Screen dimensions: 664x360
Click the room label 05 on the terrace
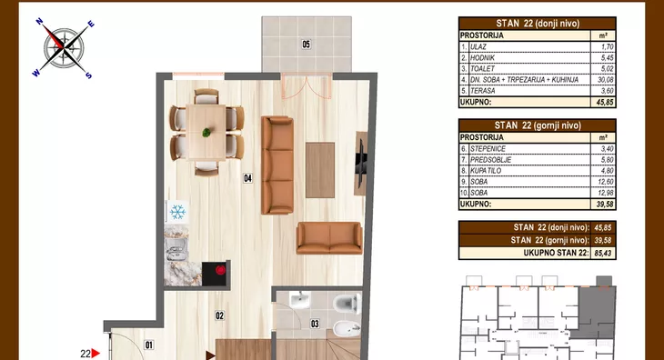click(306, 44)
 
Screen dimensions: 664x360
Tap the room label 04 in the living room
click(247, 178)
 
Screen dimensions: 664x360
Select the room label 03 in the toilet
click(315, 324)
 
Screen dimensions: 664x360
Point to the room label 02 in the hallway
click(219, 315)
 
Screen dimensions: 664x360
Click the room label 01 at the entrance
click(148, 345)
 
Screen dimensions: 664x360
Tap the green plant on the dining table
click(206, 133)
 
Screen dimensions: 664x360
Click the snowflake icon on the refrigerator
click(177, 212)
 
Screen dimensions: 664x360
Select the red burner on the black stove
click(220, 269)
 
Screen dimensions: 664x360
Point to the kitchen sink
click(177, 249)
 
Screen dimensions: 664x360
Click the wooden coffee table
click(320, 170)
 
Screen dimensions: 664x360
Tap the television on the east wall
click(361, 164)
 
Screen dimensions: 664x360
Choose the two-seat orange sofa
click(329, 238)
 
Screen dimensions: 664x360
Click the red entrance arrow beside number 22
click(96, 354)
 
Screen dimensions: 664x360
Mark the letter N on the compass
click(39, 21)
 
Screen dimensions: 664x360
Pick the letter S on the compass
click(88, 75)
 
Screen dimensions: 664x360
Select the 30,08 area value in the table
click(604, 79)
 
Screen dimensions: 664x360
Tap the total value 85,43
click(602, 253)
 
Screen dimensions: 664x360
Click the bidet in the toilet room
click(350, 329)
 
